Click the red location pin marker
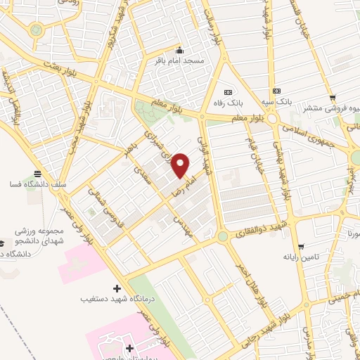click(181, 165)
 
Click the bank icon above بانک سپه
click(276, 91)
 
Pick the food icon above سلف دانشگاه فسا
click(37, 174)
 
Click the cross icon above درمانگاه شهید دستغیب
click(117, 289)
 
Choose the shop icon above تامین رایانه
click(301, 247)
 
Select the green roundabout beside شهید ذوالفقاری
click(223, 237)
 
